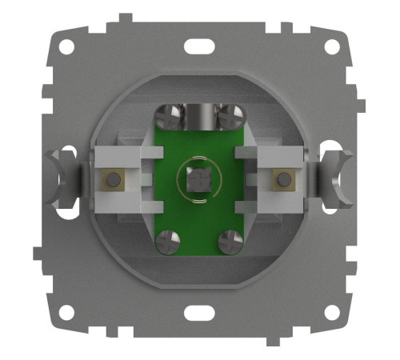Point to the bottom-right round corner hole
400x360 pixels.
click(x=332, y=314)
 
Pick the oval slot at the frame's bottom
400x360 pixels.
click(x=198, y=313)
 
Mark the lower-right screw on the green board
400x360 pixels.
click(x=230, y=238)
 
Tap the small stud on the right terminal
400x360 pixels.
click(x=282, y=180)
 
